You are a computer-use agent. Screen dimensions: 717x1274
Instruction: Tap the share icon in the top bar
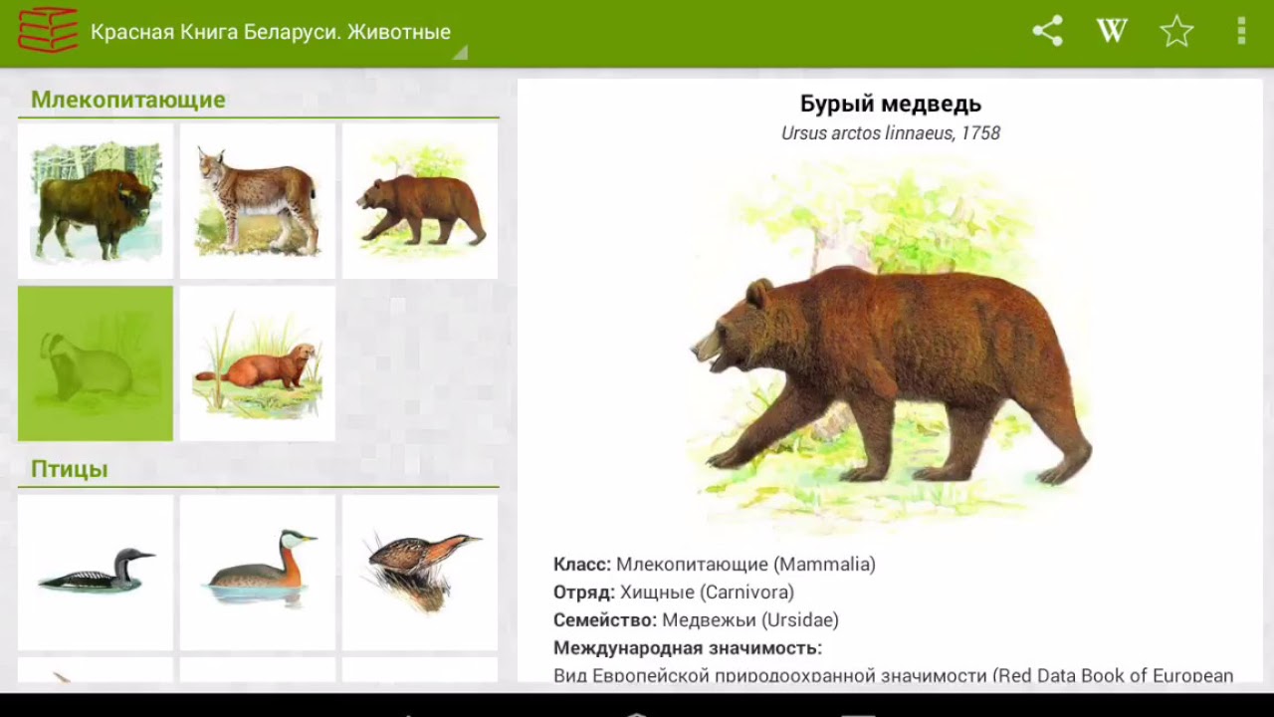pos(1047,31)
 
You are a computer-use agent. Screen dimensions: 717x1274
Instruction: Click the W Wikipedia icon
pos(1112,31)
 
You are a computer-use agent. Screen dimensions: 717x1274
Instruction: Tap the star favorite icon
pos(1176,31)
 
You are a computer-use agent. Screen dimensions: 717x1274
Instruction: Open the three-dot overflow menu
pos(1241,31)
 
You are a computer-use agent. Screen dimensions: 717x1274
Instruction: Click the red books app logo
pos(47,30)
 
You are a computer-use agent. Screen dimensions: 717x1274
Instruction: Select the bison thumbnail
pos(96,201)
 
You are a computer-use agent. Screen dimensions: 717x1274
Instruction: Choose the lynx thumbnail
pos(258,201)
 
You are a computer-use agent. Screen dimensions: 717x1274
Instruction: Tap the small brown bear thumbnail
pos(420,201)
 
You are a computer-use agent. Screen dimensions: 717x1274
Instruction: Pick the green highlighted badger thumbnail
pos(96,363)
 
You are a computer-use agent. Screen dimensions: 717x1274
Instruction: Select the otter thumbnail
pos(258,363)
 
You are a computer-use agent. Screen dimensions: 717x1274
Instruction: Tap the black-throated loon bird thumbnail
pos(96,573)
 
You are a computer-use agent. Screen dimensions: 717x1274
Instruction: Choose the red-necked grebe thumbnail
pos(258,573)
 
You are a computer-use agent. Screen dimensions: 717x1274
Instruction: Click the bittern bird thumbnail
pos(420,573)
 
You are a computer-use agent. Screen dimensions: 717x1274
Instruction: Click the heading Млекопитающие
pos(128,100)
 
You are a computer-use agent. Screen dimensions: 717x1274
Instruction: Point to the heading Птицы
pos(70,469)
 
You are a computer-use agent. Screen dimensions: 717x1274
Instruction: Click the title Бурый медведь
pos(891,104)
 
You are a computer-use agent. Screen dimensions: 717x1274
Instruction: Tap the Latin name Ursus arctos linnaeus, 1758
pos(891,133)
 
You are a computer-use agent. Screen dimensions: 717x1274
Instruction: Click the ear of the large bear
pos(759,293)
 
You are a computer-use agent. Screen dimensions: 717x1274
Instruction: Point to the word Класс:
pos(582,565)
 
